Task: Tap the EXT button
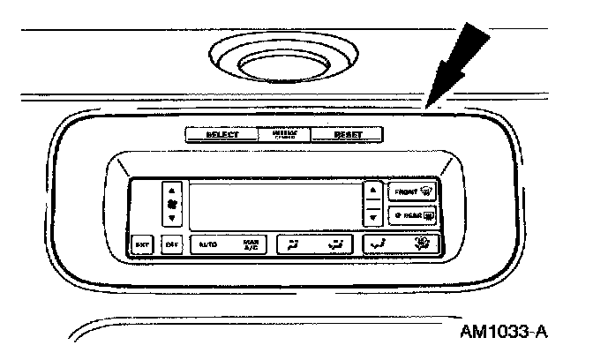(141, 244)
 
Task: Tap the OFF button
(173, 244)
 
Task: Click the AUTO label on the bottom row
(207, 244)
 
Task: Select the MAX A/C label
(251, 244)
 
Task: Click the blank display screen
(275, 205)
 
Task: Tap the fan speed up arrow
(173, 189)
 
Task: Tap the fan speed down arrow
(173, 217)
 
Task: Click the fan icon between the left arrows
(173, 203)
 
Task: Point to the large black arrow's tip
(426, 107)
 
